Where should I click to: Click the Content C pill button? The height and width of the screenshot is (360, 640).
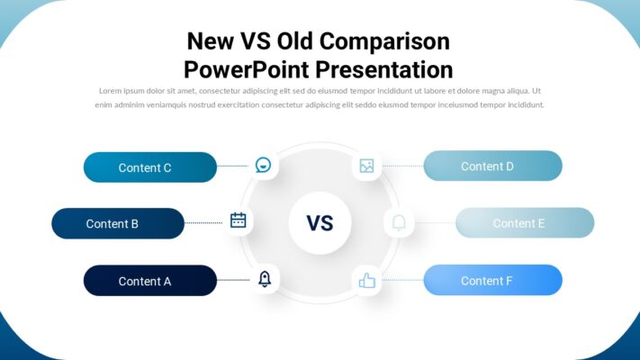click(149, 167)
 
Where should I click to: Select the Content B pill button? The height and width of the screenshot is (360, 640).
click(118, 223)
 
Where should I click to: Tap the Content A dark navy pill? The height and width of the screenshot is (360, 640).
click(149, 281)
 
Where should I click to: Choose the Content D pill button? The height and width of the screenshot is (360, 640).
click(492, 166)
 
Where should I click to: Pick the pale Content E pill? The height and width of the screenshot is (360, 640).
click(524, 223)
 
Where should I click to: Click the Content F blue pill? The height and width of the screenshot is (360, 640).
click(492, 281)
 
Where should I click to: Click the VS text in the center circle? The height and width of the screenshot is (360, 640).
click(320, 223)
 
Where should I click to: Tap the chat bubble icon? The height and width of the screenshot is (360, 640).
click(263, 166)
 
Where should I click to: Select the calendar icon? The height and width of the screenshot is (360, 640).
click(239, 220)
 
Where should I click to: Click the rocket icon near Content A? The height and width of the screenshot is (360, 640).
click(265, 279)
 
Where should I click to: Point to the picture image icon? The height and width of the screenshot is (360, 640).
click(366, 166)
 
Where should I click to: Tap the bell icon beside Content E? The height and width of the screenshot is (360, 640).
click(399, 222)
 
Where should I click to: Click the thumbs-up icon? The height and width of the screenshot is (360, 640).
click(366, 281)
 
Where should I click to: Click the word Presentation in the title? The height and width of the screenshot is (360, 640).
click(384, 69)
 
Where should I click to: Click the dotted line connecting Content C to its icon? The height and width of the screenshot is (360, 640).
click(232, 166)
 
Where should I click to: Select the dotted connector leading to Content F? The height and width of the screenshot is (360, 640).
click(401, 281)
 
